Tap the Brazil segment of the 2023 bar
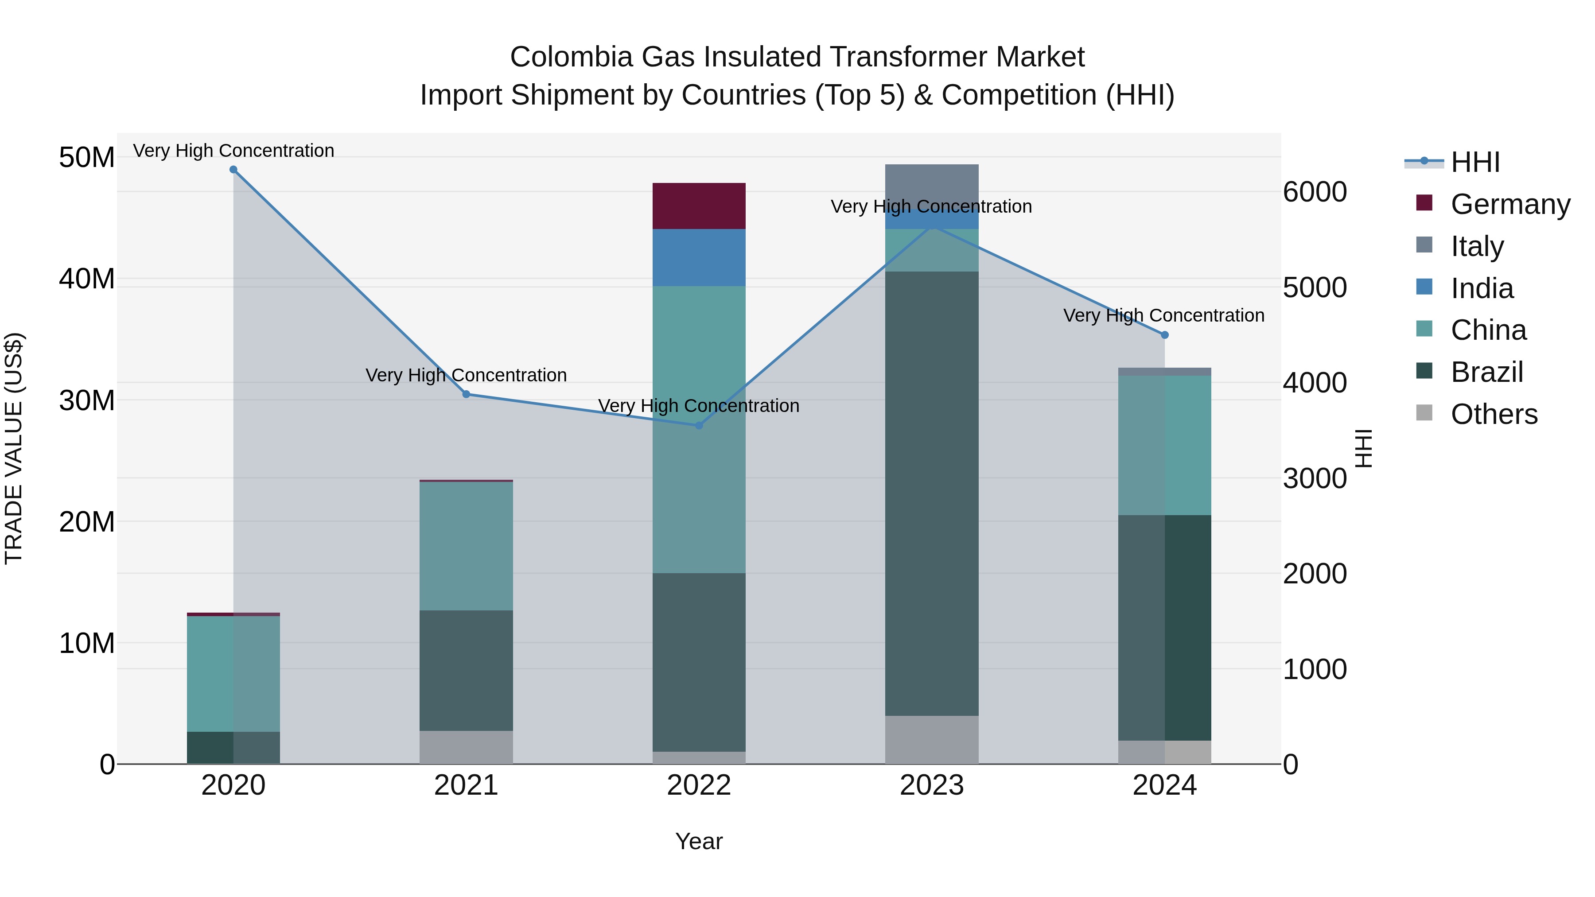[931, 493]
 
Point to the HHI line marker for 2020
[233, 170]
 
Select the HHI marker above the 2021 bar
[466, 394]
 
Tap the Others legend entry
[1494, 414]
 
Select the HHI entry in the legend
[1475, 162]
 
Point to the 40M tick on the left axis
[87, 279]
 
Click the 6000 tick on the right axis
[1314, 192]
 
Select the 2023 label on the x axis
[931, 785]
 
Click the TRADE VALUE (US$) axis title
[14, 448]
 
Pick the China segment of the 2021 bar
[466, 546]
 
